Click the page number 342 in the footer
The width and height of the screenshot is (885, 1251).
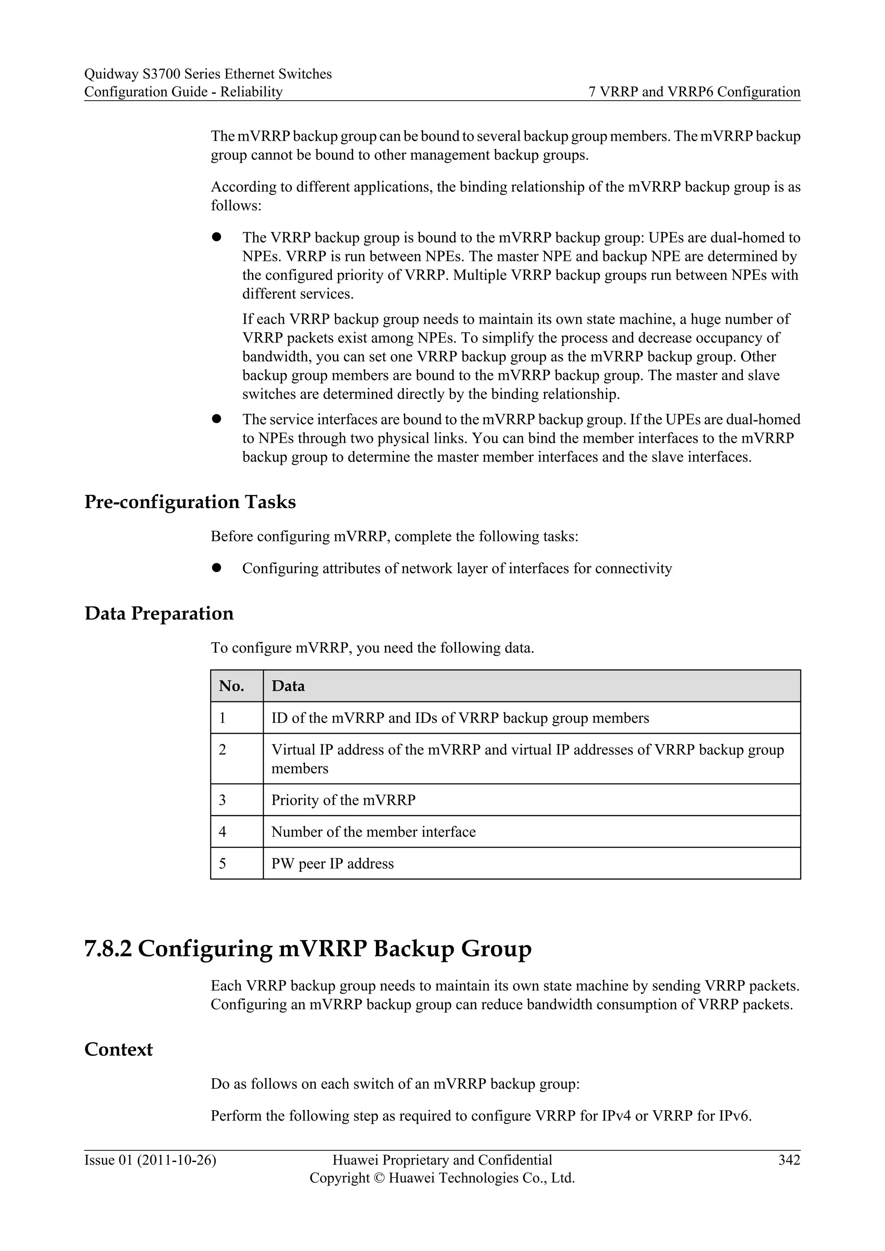click(789, 1160)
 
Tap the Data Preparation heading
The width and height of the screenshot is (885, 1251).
click(159, 613)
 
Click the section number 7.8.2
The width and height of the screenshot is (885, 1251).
click(108, 949)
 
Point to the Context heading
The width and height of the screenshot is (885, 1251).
click(118, 1049)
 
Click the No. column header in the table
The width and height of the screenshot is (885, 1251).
click(231, 686)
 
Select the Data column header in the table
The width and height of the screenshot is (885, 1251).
click(288, 686)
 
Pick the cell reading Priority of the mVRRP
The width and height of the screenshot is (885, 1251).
click(343, 800)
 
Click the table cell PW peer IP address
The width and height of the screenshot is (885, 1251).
click(332, 864)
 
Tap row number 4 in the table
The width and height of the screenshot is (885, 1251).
click(223, 832)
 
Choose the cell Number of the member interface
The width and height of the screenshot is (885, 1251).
click(373, 832)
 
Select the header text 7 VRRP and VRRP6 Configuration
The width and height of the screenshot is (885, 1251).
click(694, 92)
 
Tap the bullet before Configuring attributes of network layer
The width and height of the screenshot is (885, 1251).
click(216, 568)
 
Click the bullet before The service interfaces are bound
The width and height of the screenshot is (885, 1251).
click(216, 419)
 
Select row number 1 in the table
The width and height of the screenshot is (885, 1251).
click(223, 718)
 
